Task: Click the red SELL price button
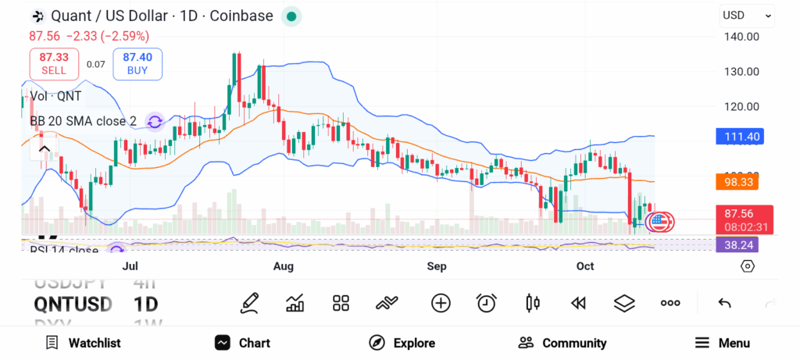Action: pos(54,63)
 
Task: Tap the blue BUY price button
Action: pos(137,63)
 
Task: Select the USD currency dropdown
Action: pos(747,15)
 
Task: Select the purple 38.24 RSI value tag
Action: pos(737,244)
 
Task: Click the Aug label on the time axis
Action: pos(284,266)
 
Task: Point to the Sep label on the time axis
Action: pos(437,266)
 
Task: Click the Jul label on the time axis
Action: pos(130,266)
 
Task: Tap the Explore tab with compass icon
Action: pos(402,343)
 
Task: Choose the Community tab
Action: pos(562,343)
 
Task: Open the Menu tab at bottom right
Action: pos(723,343)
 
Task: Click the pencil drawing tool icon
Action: pos(250,303)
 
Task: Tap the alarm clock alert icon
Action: pos(487,303)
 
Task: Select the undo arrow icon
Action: pos(724,303)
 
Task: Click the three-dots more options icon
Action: pos(670,303)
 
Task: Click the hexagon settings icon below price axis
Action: pos(748,266)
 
